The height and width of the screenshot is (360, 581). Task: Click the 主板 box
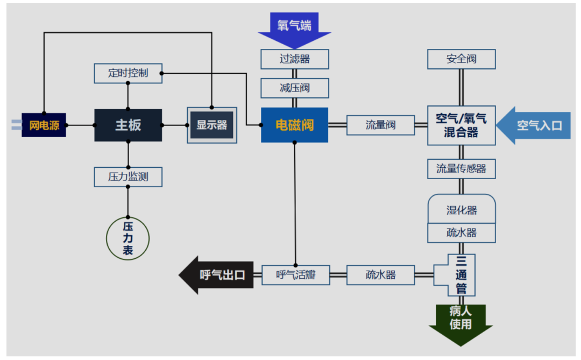tap(128, 125)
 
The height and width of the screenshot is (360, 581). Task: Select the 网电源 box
tap(44, 126)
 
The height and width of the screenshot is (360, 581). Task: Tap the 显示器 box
tap(211, 125)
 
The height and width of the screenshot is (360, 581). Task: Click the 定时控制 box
tap(128, 73)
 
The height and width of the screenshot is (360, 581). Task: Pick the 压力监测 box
tap(128, 177)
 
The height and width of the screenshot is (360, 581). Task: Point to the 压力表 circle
tap(127, 238)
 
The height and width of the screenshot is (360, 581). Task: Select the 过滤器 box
tap(295, 59)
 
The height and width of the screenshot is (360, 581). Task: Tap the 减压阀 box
tap(295, 88)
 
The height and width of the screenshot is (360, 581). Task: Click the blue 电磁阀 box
tap(294, 125)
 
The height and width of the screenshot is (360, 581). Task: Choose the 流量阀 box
tap(381, 125)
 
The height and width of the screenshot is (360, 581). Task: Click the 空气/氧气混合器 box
tap(461, 125)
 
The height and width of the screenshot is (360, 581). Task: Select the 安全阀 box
tap(461, 59)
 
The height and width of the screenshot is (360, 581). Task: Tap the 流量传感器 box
tap(461, 169)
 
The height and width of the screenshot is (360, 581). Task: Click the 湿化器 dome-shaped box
tap(461, 208)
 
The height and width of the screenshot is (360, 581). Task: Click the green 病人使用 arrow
tap(460, 321)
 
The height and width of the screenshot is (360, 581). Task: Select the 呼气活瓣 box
tap(295, 275)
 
